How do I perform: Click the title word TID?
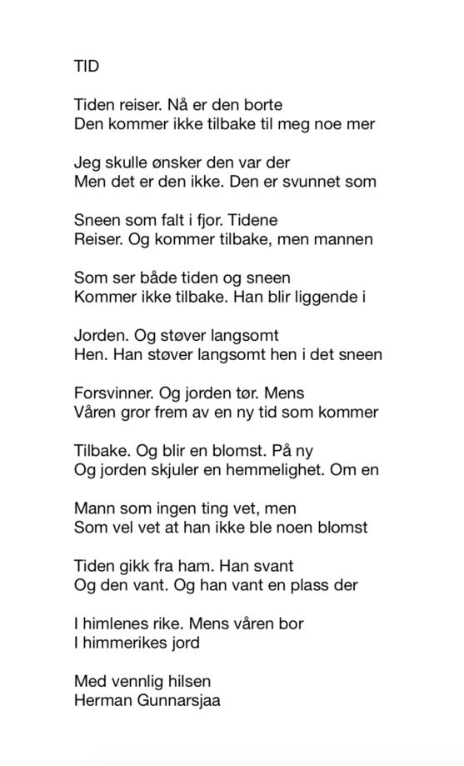87,68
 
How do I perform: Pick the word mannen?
344,240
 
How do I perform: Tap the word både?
149,278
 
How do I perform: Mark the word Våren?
97,413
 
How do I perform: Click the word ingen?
170,508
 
